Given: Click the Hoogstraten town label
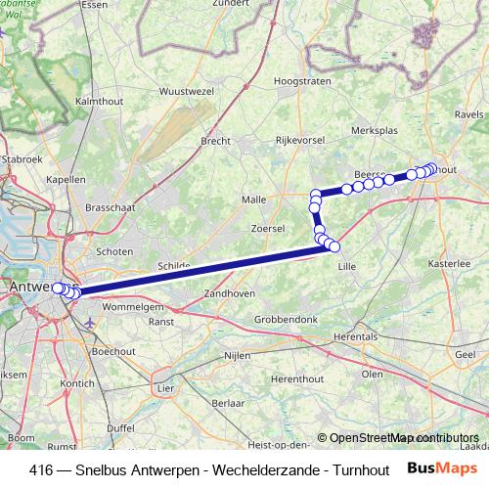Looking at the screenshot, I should point(301,82).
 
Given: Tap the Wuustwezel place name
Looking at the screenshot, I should point(185,91).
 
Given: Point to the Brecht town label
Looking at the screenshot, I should point(215,141).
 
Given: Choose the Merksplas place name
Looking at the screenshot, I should point(372,129).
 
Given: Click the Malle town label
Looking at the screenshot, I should point(253,200).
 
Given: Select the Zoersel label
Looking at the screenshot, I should point(267,228).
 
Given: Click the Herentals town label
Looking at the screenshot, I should point(355,335).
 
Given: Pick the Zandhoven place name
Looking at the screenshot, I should point(227,293).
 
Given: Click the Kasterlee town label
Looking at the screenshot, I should point(449,265).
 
